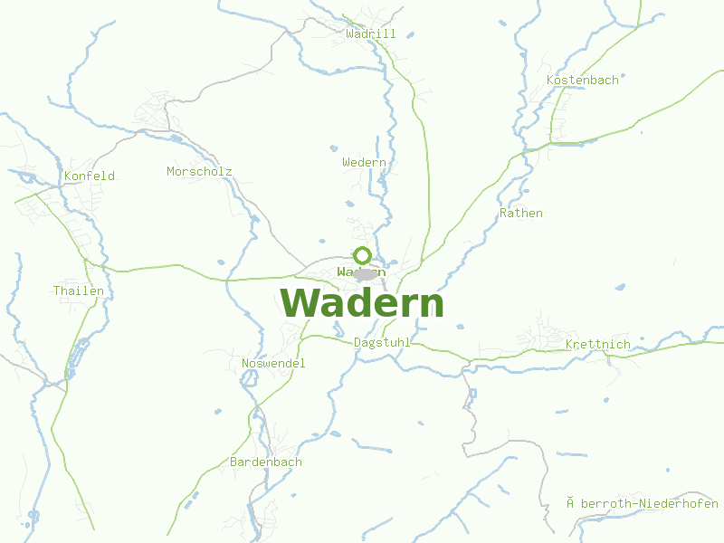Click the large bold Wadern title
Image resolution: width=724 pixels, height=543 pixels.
(362, 303)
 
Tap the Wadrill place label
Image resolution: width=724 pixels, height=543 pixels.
(371, 34)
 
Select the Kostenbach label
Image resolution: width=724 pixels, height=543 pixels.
(583, 81)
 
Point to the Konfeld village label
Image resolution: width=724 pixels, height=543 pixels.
(90, 176)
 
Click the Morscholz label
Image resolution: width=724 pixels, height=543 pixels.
(199, 172)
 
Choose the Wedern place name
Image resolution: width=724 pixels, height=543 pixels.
(364, 163)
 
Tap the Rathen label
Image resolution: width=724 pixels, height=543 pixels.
(521, 214)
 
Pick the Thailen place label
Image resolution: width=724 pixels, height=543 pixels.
(79, 291)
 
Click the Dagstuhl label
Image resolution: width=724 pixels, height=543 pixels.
(382, 343)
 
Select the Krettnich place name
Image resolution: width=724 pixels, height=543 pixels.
(597, 345)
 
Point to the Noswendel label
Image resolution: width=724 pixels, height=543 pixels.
(273, 364)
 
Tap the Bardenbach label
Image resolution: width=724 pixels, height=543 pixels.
(266, 462)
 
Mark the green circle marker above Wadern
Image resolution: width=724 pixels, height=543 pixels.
(363, 255)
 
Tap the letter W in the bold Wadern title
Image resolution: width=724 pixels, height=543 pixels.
(300, 303)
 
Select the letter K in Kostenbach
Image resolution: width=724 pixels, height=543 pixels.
(550, 81)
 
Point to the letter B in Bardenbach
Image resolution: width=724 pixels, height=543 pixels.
(234, 462)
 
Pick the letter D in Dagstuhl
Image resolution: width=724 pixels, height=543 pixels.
(357, 343)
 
